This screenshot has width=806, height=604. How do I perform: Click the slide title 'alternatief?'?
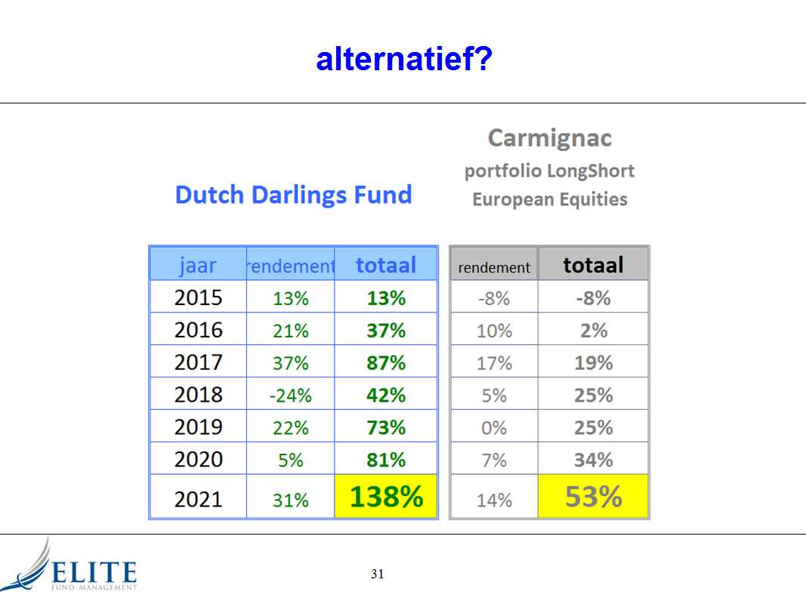click(404, 59)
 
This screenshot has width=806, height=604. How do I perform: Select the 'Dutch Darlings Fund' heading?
click(294, 196)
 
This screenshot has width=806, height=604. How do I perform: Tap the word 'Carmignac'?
click(549, 137)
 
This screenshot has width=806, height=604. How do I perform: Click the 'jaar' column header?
click(198, 265)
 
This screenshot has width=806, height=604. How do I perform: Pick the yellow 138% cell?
click(386, 496)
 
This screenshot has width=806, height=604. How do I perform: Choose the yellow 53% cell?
click(593, 496)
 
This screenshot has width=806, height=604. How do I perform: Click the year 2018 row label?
click(199, 394)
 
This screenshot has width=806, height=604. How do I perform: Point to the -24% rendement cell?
click(290, 396)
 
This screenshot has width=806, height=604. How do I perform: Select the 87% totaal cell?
click(386, 362)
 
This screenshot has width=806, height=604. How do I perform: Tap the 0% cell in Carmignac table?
click(494, 427)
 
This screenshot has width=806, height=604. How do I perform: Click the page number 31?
click(377, 574)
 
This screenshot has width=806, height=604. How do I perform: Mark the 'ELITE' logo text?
click(94, 572)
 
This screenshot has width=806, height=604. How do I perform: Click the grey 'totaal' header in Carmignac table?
click(593, 265)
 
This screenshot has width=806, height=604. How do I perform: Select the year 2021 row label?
click(199, 499)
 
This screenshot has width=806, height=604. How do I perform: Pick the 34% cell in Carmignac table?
click(593, 460)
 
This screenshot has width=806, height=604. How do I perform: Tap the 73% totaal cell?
click(386, 427)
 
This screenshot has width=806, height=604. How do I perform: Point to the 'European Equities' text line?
click(550, 199)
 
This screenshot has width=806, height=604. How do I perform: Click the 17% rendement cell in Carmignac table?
click(494, 363)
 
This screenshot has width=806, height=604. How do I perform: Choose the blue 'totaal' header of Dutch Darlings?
click(386, 265)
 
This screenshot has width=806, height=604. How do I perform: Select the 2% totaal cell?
click(593, 330)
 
